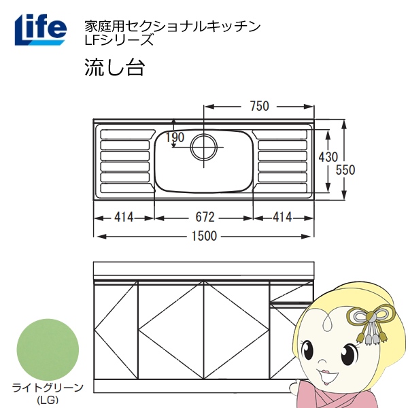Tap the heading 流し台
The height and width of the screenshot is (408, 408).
click(113, 68)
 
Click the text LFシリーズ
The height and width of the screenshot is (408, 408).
click(118, 39)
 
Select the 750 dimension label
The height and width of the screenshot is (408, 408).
click(259, 106)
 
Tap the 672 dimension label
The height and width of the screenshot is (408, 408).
click(205, 218)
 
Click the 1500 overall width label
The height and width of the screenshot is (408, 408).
click(204, 236)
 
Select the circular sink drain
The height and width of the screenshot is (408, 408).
click(204, 147)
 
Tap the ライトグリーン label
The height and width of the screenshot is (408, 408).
click(48, 388)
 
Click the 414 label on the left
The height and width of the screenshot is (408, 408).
click(123, 218)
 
